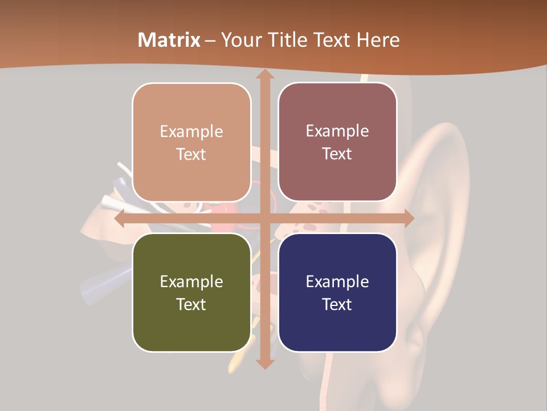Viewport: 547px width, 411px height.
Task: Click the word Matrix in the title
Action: (169, 40)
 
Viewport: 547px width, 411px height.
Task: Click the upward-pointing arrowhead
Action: (264, 75)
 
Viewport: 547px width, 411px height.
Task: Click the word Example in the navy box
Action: (337, 281)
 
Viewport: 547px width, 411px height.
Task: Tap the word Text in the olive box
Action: (191, 304)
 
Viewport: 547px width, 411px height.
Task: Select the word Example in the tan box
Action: (191, 131)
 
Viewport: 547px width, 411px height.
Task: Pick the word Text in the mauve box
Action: (337, 154)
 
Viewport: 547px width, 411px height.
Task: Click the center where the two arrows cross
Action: (264, 219)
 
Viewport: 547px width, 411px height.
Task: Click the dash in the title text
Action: (210, 41)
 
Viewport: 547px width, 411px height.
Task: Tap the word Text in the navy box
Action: (337, 304)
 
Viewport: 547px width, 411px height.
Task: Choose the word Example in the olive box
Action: (191, 281)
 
